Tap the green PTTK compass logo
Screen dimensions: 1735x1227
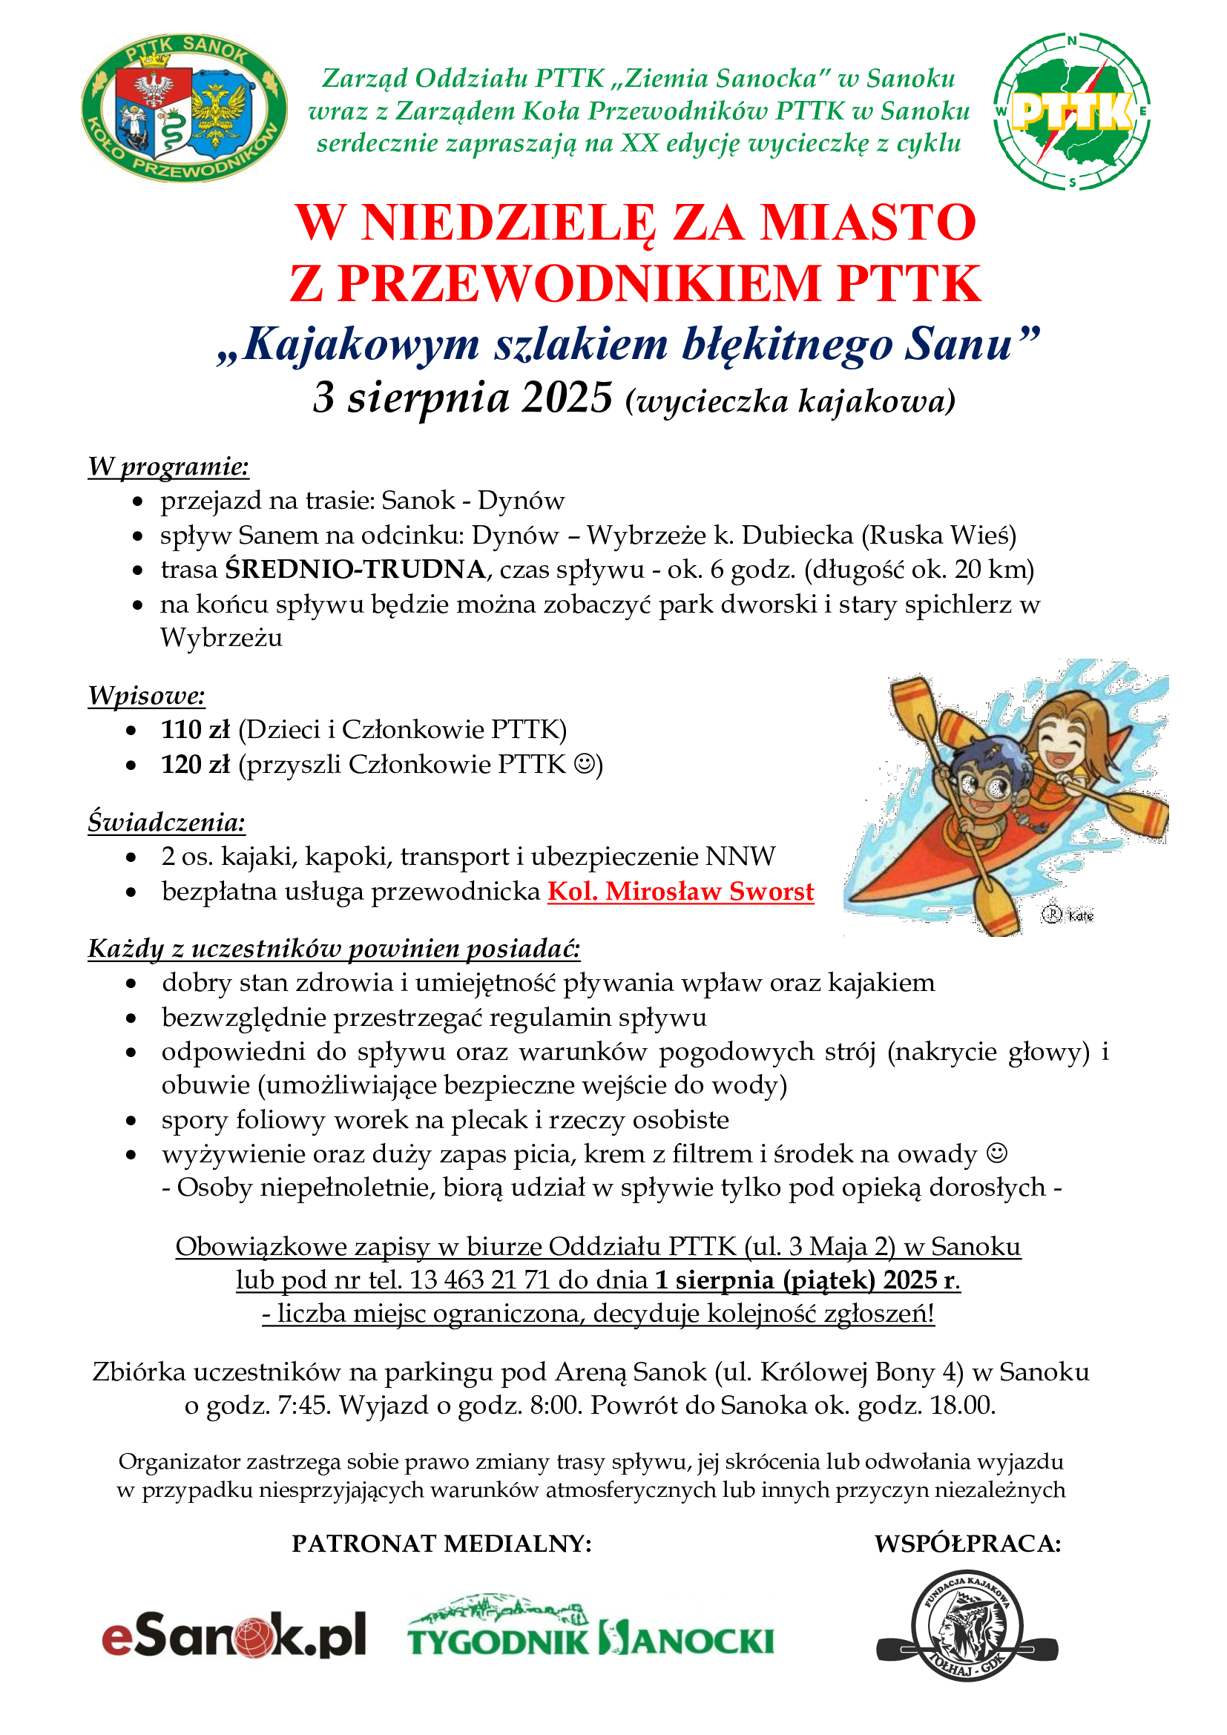coord(1071,111)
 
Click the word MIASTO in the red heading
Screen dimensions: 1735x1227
coord(868,223)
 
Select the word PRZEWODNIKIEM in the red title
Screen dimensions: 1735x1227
coord(579,284)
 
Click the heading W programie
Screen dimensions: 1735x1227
coord(168,467)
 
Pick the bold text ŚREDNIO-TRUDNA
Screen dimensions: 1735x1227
coord(355,569)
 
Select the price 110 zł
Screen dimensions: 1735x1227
coord(195,729)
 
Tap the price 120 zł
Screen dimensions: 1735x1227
coord(195,765)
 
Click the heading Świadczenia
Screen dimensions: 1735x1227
coord(166,821)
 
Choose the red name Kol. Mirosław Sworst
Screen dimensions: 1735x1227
coord(681,892)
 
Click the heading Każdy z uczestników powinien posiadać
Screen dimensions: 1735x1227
coord(334,947)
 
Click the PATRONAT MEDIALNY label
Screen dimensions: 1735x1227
coord(442,1543)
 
